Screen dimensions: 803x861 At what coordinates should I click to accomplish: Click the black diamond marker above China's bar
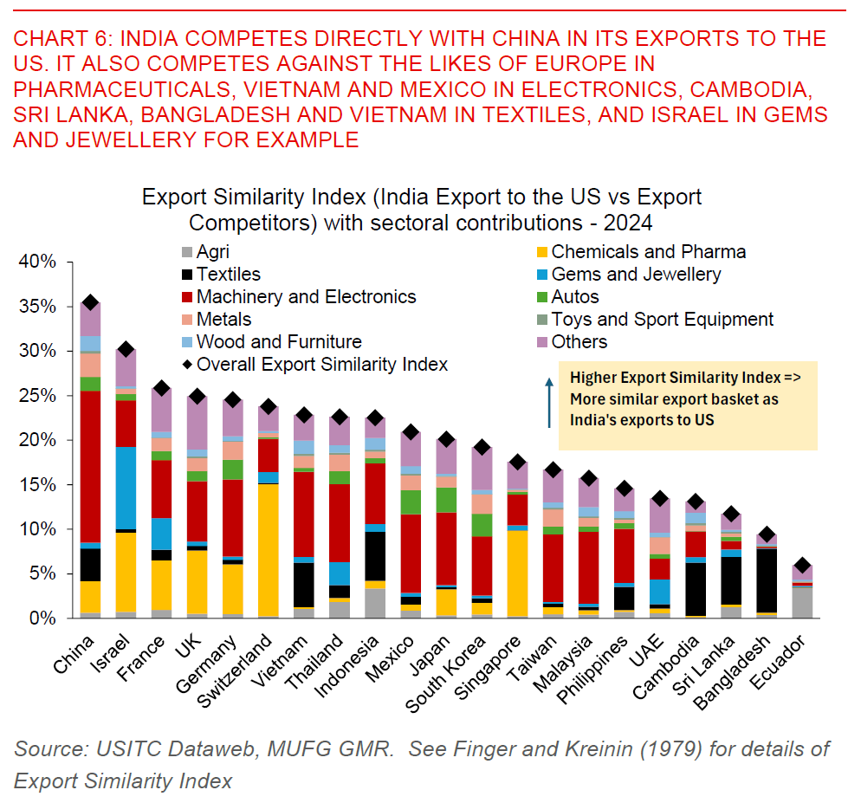[89, 302]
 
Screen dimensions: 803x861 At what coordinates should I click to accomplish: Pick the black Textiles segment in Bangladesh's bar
[766, 580]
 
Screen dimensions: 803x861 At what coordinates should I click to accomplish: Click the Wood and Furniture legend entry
[279, 341]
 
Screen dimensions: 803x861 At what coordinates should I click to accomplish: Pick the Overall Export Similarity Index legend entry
[321, 364]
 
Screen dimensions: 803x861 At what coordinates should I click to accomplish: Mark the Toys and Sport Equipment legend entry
[662, 319]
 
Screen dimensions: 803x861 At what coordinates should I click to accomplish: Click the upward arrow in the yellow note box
[549, 400]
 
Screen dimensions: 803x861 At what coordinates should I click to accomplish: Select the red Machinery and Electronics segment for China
[89, 468]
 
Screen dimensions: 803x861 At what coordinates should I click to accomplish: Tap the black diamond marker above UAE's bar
[658, 498]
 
